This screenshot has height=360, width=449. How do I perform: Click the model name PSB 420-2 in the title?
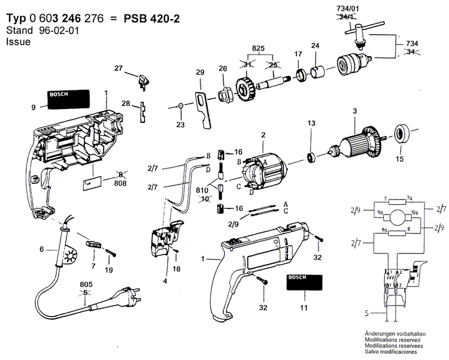[x=152, y=19]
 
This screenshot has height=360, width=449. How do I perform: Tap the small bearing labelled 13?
[x=311, y=158]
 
